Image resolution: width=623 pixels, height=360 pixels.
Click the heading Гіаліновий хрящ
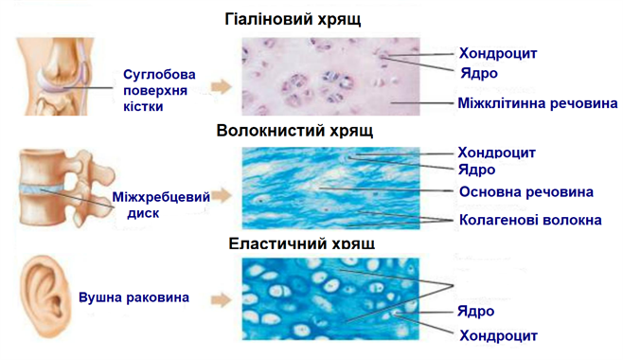click(x=294, y=19)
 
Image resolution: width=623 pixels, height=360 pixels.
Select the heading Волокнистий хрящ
click(x=294, y=131)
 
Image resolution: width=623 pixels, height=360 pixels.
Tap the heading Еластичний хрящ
click(x=302, y=243)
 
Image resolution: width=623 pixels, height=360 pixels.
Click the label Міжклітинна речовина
click(x=538, y=102)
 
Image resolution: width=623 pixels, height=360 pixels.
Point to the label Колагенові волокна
click(x=530, y=221)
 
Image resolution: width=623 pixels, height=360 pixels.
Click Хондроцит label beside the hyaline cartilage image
click(x=497, y=53)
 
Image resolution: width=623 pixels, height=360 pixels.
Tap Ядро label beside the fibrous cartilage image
click(x=477, y=170)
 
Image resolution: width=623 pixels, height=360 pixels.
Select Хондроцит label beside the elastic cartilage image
click(x=498, y=334)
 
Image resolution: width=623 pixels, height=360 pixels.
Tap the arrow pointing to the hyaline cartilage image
click(x=221, y=85)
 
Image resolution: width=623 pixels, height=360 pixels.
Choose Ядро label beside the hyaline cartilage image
click(x=478, y=73)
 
